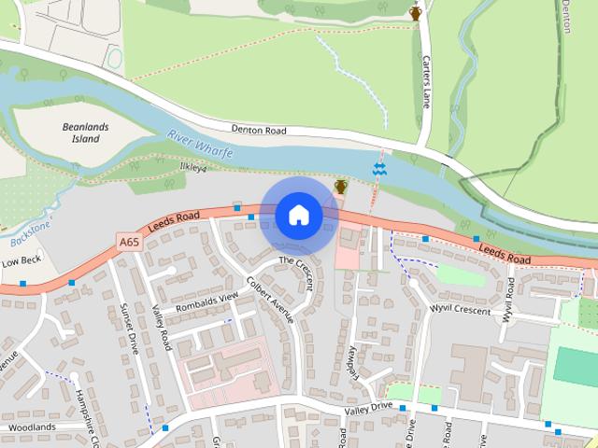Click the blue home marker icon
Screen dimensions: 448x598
coord(298,216)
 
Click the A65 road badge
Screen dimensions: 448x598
coord(131,242)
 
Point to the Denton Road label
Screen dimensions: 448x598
coord(260,131)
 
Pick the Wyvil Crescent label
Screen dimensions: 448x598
coord(460,310)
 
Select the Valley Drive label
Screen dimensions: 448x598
coord(368,408)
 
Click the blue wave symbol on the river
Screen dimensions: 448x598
coord(379,169)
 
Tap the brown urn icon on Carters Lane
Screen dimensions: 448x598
coord(416,11)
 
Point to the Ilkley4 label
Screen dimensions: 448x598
coord(192,168)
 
